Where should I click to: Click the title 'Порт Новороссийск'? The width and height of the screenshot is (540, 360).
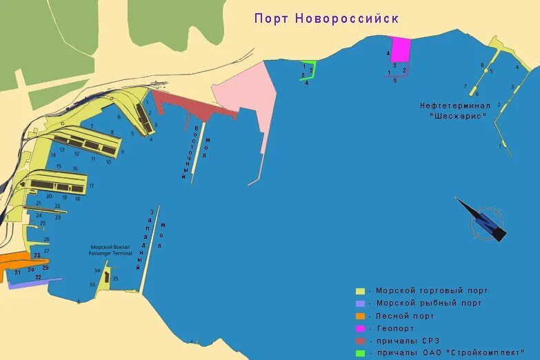coord(326,18)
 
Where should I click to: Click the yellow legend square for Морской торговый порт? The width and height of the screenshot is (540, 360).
coord(360,291)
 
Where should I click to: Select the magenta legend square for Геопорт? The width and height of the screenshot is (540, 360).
coord(360,329)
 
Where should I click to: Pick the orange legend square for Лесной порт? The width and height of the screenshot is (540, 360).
coord(360,316)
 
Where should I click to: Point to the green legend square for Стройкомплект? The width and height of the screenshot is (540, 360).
coord(360,354)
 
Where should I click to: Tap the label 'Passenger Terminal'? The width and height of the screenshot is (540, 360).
coord(110,254)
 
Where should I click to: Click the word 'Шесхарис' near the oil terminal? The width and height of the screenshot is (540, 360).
coord(458,117)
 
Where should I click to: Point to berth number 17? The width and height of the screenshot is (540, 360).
coord(92,186)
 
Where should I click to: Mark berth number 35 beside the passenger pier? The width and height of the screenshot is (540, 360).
coord(115,279)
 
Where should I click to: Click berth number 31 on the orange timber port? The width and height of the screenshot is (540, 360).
coord(17,272)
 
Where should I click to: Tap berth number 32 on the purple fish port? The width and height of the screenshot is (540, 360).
coord(38,278)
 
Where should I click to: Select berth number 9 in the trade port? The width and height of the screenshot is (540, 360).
coord(122,152)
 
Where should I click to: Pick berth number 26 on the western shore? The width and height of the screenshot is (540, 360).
coord(46,239)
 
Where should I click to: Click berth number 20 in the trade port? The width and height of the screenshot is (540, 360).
coord(49,196)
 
